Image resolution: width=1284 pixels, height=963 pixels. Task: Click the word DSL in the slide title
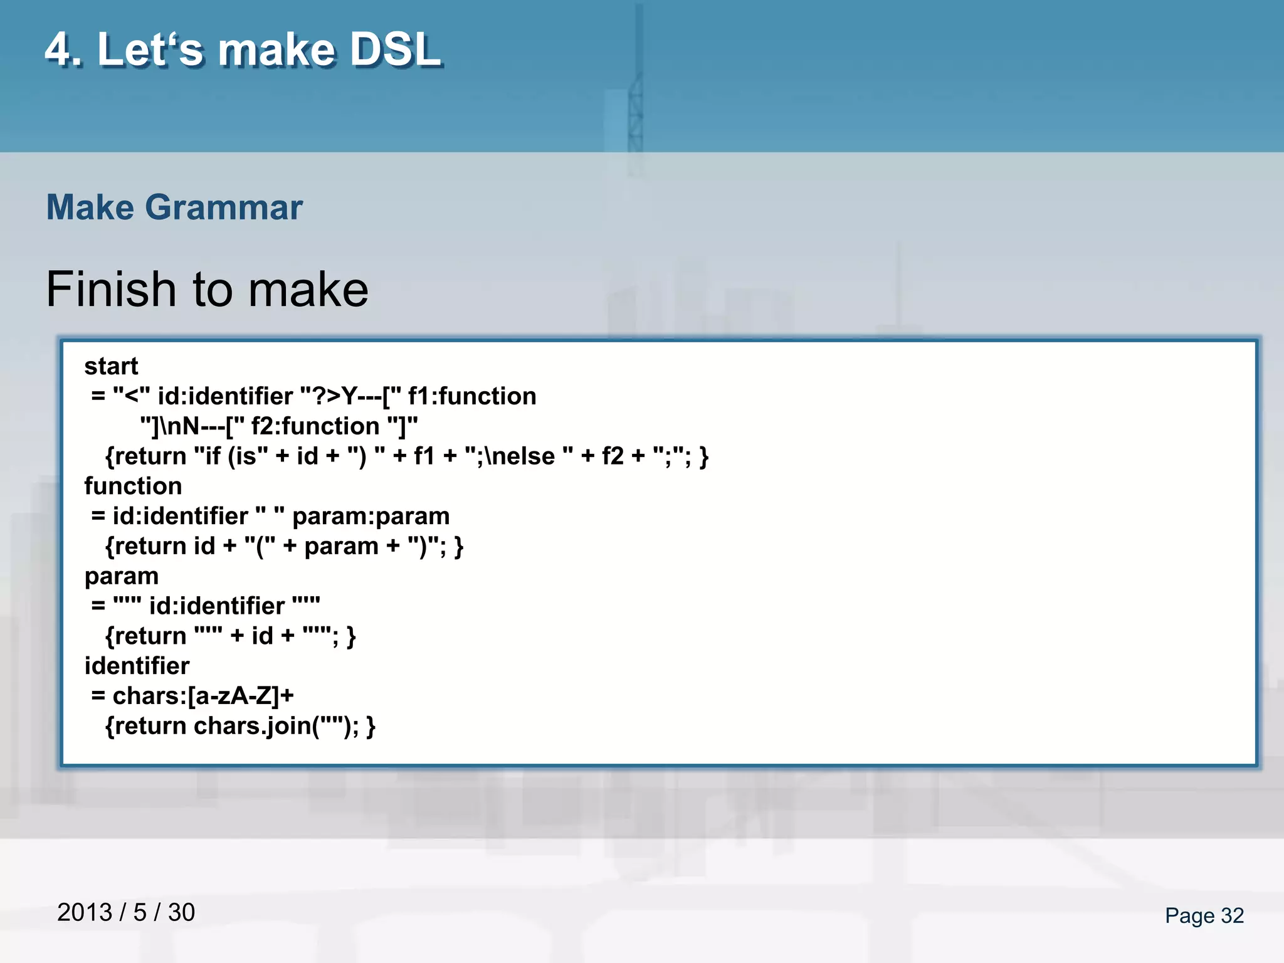(x=396, y=50)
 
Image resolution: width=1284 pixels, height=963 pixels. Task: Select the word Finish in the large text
(x=111, y=289)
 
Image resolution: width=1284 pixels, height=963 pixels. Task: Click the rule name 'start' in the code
(x=111, y=366)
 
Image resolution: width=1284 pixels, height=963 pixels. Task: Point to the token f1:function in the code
(x=471, y=396)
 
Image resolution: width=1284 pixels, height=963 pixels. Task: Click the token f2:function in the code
(x=315, y=426)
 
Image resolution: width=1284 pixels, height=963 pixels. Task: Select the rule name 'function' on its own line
(x=133, y=486)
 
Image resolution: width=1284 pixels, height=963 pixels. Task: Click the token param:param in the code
(x=371, y=516)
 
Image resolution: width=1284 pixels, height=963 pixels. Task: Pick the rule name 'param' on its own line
(x=121, y=576)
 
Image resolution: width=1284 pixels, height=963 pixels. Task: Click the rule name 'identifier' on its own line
(x=137, y=666)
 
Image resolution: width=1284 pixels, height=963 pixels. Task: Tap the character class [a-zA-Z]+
(x=241, y=696)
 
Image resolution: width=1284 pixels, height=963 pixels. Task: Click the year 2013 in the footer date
(x=85, y=912)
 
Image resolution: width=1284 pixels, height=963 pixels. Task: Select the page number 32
(x=1232, y=915)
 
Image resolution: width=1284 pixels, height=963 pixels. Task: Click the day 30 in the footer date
(x=181, y=912)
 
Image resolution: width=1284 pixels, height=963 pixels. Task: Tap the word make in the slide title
(x=276, y=50)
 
